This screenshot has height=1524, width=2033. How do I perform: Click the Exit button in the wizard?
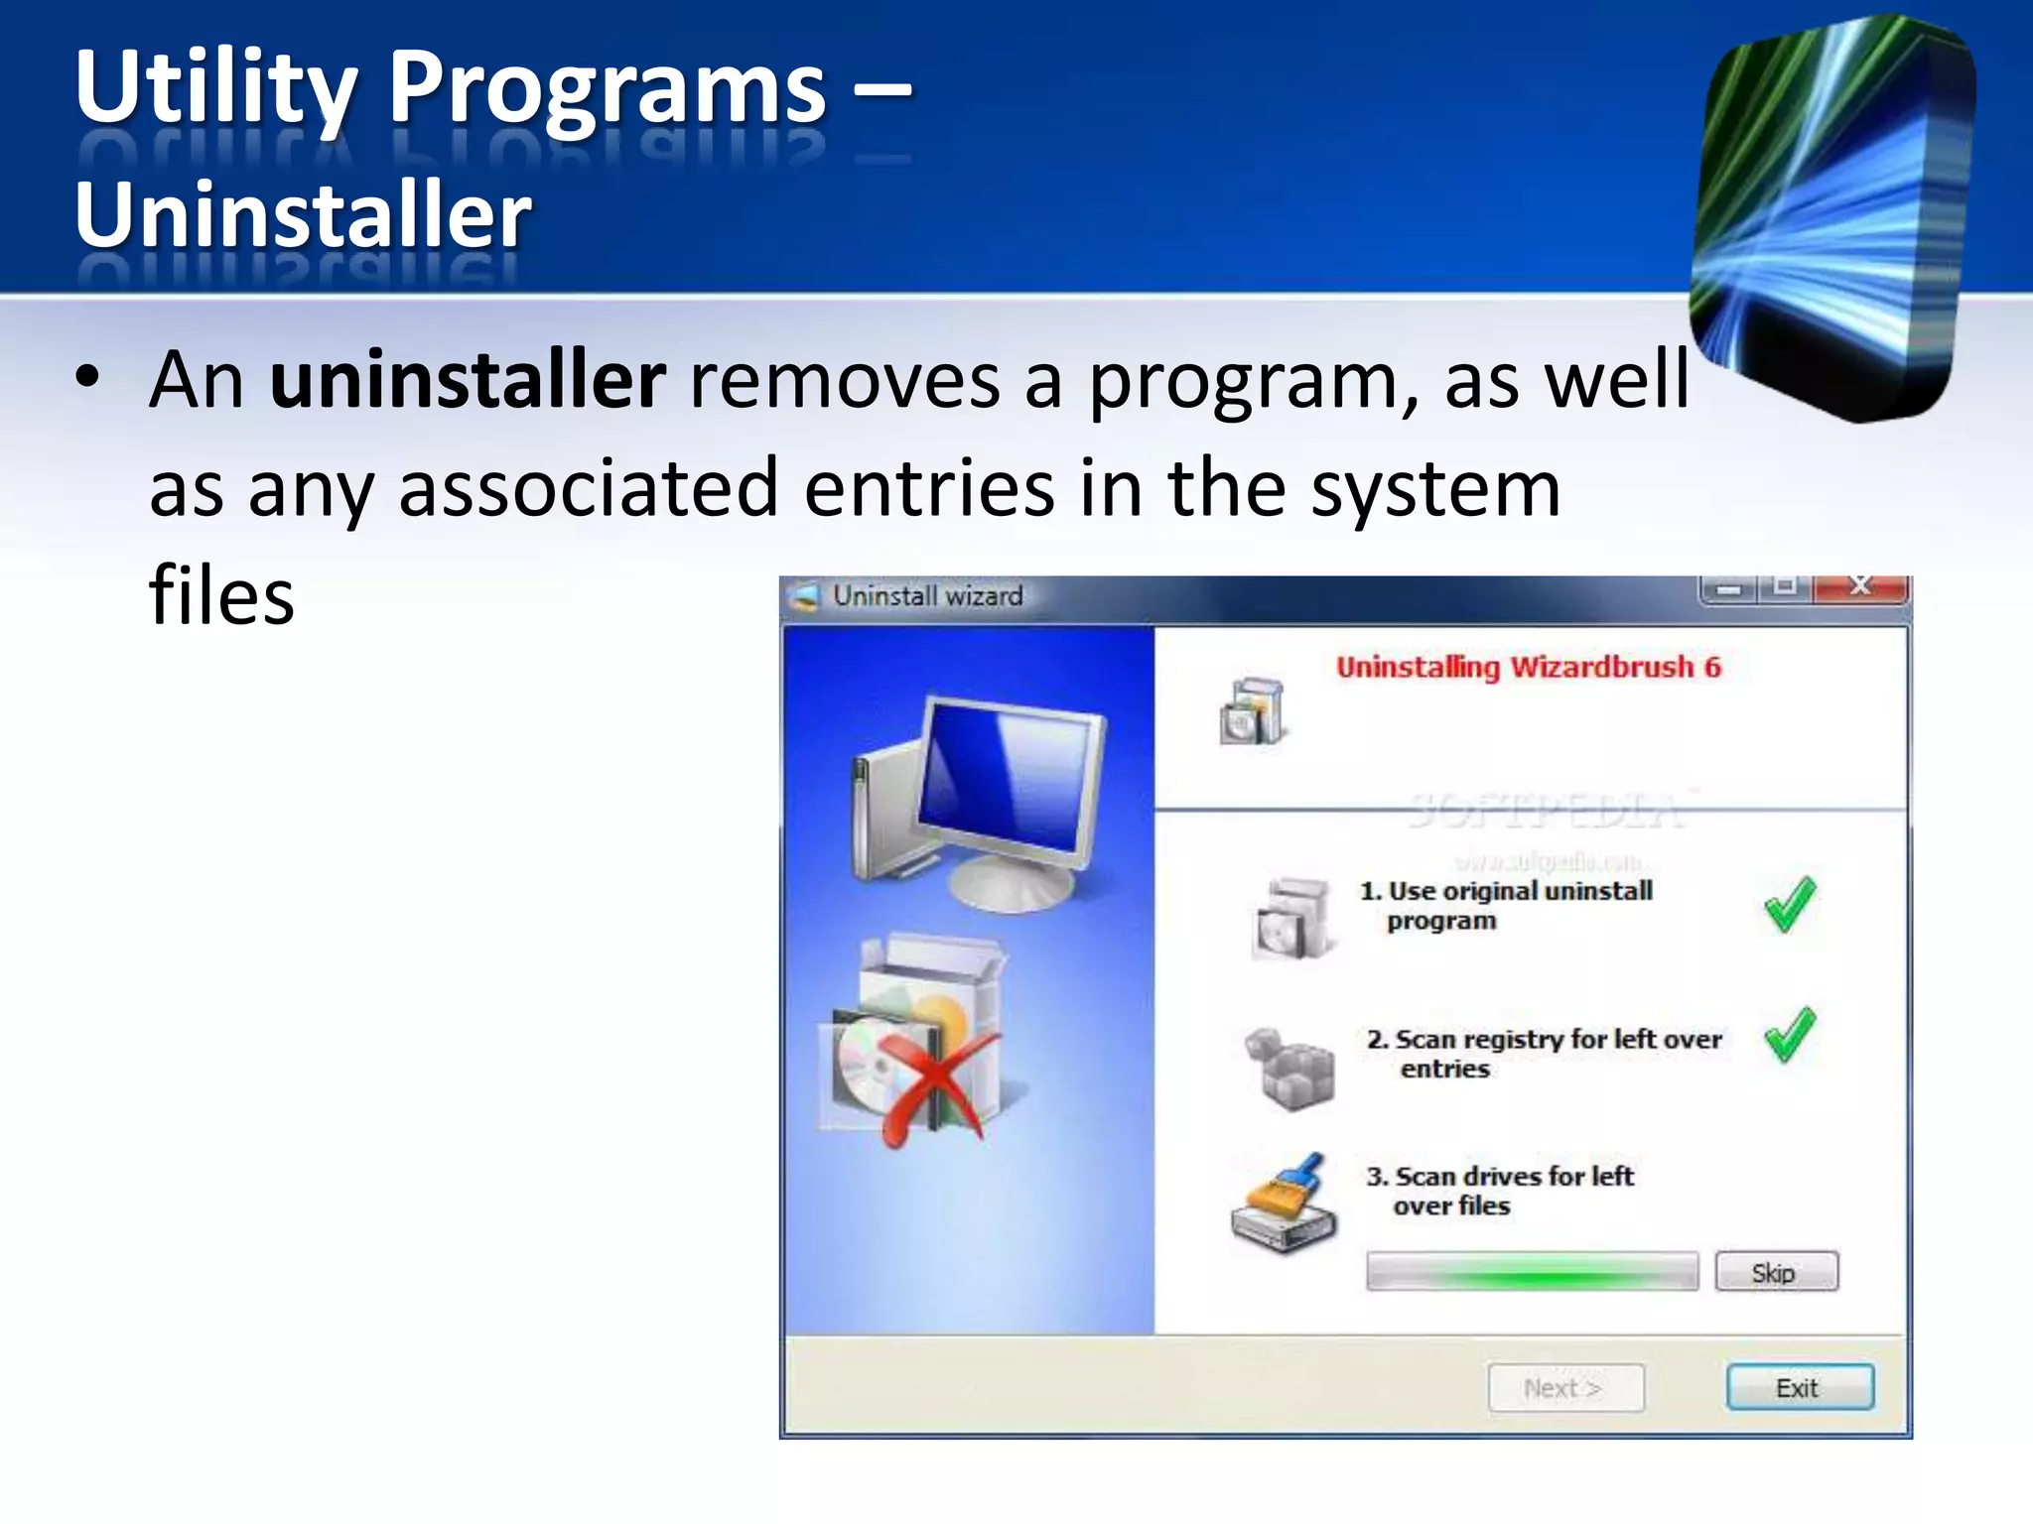coord(1799,1387)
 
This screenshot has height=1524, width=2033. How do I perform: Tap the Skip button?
coord(1775,1272)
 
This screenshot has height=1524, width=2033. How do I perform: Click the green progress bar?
coord(1532,1272)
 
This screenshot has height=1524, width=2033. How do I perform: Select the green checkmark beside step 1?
coord(1790,904)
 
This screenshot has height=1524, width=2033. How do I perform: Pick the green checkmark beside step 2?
coord(1790,1034)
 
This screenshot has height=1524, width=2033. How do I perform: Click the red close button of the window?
coord(1859,587)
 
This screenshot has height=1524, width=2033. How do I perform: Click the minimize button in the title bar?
coord(1728,589)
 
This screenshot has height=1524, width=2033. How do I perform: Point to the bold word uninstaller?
coord(468,380)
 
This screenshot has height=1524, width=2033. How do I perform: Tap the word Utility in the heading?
coord(214,89)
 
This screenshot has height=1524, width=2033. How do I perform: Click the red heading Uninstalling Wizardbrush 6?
coord(1528,667)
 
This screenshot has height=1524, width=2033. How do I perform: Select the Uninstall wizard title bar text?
coord(927,596)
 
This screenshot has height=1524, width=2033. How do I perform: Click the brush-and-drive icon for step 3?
coord(1285,1204)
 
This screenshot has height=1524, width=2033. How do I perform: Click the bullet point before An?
coord(87,379)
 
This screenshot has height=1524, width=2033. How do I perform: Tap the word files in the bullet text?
coord(221,596)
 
